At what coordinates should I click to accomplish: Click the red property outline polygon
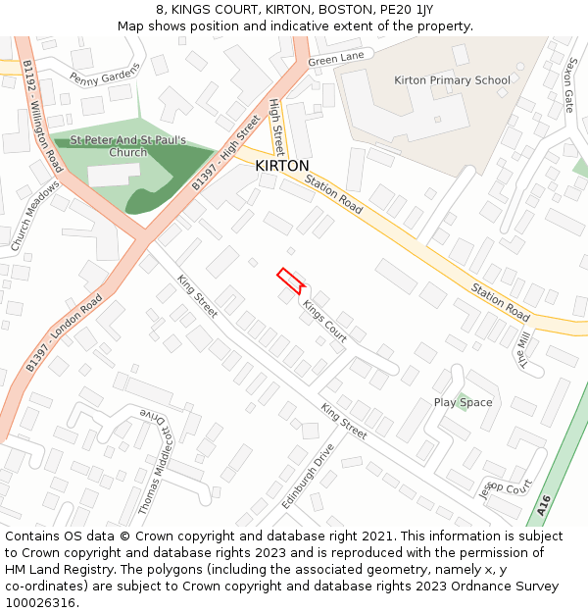click(x=289, y=281)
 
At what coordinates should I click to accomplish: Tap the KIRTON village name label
click(x=282, y=167)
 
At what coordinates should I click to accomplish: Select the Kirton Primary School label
click(x=452, y=80)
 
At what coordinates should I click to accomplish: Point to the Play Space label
click(x=463, y=402)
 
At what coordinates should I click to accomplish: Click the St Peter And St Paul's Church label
click(x=128, y=146)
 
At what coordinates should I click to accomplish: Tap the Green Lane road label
click(x=336, y=60)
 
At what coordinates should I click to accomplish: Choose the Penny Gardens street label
click(x=105, y=74)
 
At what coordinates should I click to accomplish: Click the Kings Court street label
click(x=324, y=322)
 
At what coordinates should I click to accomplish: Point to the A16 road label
click(x=545, y=506)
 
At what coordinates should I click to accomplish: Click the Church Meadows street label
click(x=36, y=218)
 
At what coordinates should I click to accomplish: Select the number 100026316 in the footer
click(x=41, y=602)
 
